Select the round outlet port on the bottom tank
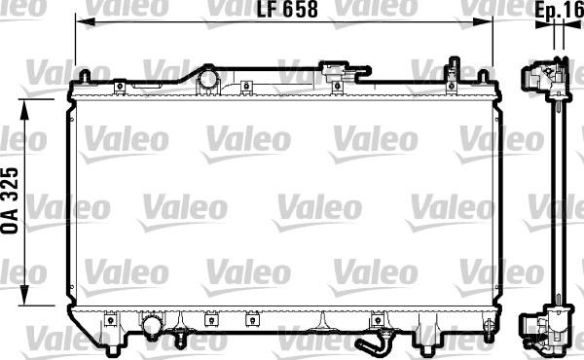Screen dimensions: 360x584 [152, 324]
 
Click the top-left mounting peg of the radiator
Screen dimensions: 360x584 [85, 76]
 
